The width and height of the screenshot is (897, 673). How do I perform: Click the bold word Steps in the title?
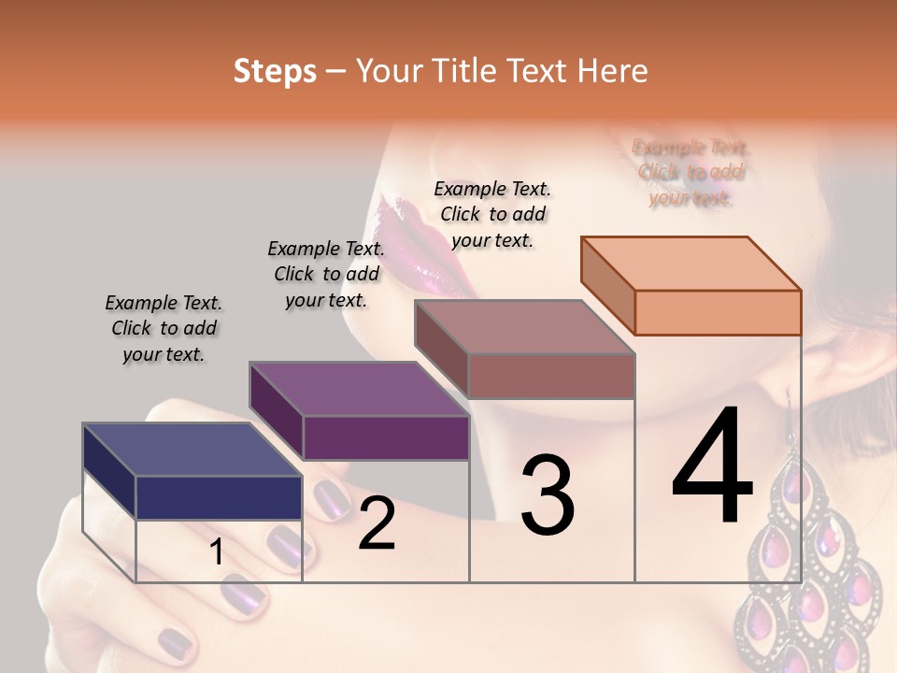point(275,71)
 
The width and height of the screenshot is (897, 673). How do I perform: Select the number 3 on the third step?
point(547,495)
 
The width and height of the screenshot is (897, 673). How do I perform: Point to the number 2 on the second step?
point(377,523)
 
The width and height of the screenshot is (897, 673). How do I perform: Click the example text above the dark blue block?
point(164,328)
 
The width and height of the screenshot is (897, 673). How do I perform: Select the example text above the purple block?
point(326,274)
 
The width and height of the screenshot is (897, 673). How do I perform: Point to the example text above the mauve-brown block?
point(492,214)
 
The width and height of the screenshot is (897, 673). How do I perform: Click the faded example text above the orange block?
point(691,172)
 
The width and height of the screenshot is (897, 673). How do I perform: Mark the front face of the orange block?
point(718,312)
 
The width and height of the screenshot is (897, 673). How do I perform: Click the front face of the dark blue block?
point(219,497)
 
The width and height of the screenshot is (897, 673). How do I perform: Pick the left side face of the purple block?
point(277,411)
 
